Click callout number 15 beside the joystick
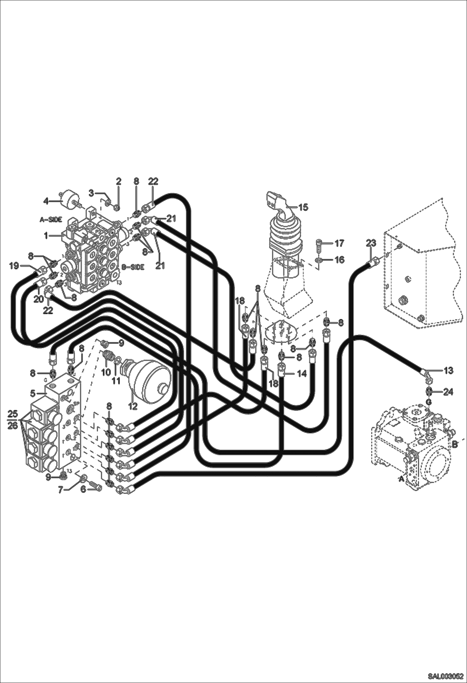[x=303, y=207]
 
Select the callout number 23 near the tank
[x=371, y=243]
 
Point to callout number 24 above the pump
[x=448, y=392]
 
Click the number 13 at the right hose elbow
[x=449, y=370]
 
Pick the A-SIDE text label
[x=51, y=219]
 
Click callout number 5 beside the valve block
[x=32, y=393]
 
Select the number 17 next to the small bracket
[x=339, y=243]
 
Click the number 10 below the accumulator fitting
[x=106, y=372]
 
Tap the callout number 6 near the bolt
[x=83, y=489]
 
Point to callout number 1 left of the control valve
[x=46, y=236]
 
